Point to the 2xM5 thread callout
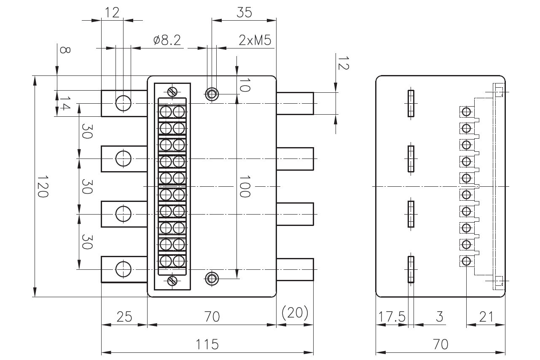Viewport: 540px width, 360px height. pos(255,40)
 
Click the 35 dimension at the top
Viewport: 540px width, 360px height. pos(244,13)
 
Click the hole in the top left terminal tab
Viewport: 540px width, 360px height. pos(123,102)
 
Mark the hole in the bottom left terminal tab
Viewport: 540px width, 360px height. pos(123,269)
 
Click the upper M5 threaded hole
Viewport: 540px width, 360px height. pos(212,94)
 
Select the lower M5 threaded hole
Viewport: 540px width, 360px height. pos(212,278)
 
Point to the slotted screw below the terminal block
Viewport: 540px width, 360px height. pos(172,280)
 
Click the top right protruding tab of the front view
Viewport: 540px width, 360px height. pos(295,103)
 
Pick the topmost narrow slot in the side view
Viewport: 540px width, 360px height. pos(411,103)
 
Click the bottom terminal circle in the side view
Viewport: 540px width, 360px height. pos(466,261)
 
